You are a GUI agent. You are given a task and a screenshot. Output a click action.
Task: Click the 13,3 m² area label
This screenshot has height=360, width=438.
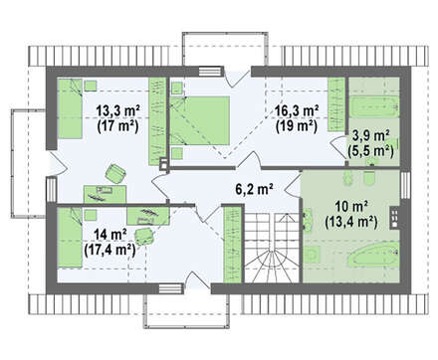point(117,110)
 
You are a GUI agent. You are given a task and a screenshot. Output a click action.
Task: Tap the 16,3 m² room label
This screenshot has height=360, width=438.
point(297,110)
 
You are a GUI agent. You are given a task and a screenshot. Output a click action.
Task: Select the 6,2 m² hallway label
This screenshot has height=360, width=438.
point(254,189)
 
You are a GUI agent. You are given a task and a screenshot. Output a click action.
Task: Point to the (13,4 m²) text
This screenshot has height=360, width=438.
point(351,222)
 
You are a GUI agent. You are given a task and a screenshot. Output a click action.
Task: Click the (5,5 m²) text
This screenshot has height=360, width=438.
point(370,151)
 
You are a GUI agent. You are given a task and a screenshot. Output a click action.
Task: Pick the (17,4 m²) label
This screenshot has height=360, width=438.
point(109,250)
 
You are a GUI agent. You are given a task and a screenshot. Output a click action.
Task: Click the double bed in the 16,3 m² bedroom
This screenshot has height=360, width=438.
point(200,120)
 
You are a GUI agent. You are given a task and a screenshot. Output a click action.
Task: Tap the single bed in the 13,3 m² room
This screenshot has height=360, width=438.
point(70,108)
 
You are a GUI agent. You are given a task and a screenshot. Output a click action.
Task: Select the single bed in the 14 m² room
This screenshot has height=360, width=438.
point(70,238)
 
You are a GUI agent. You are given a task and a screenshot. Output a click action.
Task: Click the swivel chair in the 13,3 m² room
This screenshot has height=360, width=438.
point(115,173)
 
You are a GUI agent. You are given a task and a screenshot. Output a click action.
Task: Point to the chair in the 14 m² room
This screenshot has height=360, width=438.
point(144,236)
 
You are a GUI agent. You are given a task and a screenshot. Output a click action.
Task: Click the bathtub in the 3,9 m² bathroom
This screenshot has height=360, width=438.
point(374,106)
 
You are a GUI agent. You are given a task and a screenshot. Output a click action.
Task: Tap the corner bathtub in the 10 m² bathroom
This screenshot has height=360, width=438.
point(374,255)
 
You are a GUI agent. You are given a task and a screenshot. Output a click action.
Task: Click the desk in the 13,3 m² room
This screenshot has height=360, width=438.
point(105,194)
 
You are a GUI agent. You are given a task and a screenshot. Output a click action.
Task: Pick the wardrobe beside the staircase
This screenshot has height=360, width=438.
point(233,245)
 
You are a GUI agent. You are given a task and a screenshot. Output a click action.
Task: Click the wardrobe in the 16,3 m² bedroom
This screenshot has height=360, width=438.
point(336,104)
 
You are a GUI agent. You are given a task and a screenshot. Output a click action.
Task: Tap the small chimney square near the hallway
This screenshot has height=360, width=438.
point(164,163)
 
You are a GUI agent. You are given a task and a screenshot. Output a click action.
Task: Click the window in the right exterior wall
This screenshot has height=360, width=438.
point(405,185)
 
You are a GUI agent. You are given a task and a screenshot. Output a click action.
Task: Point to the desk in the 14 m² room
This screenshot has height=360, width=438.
point(149,216)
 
